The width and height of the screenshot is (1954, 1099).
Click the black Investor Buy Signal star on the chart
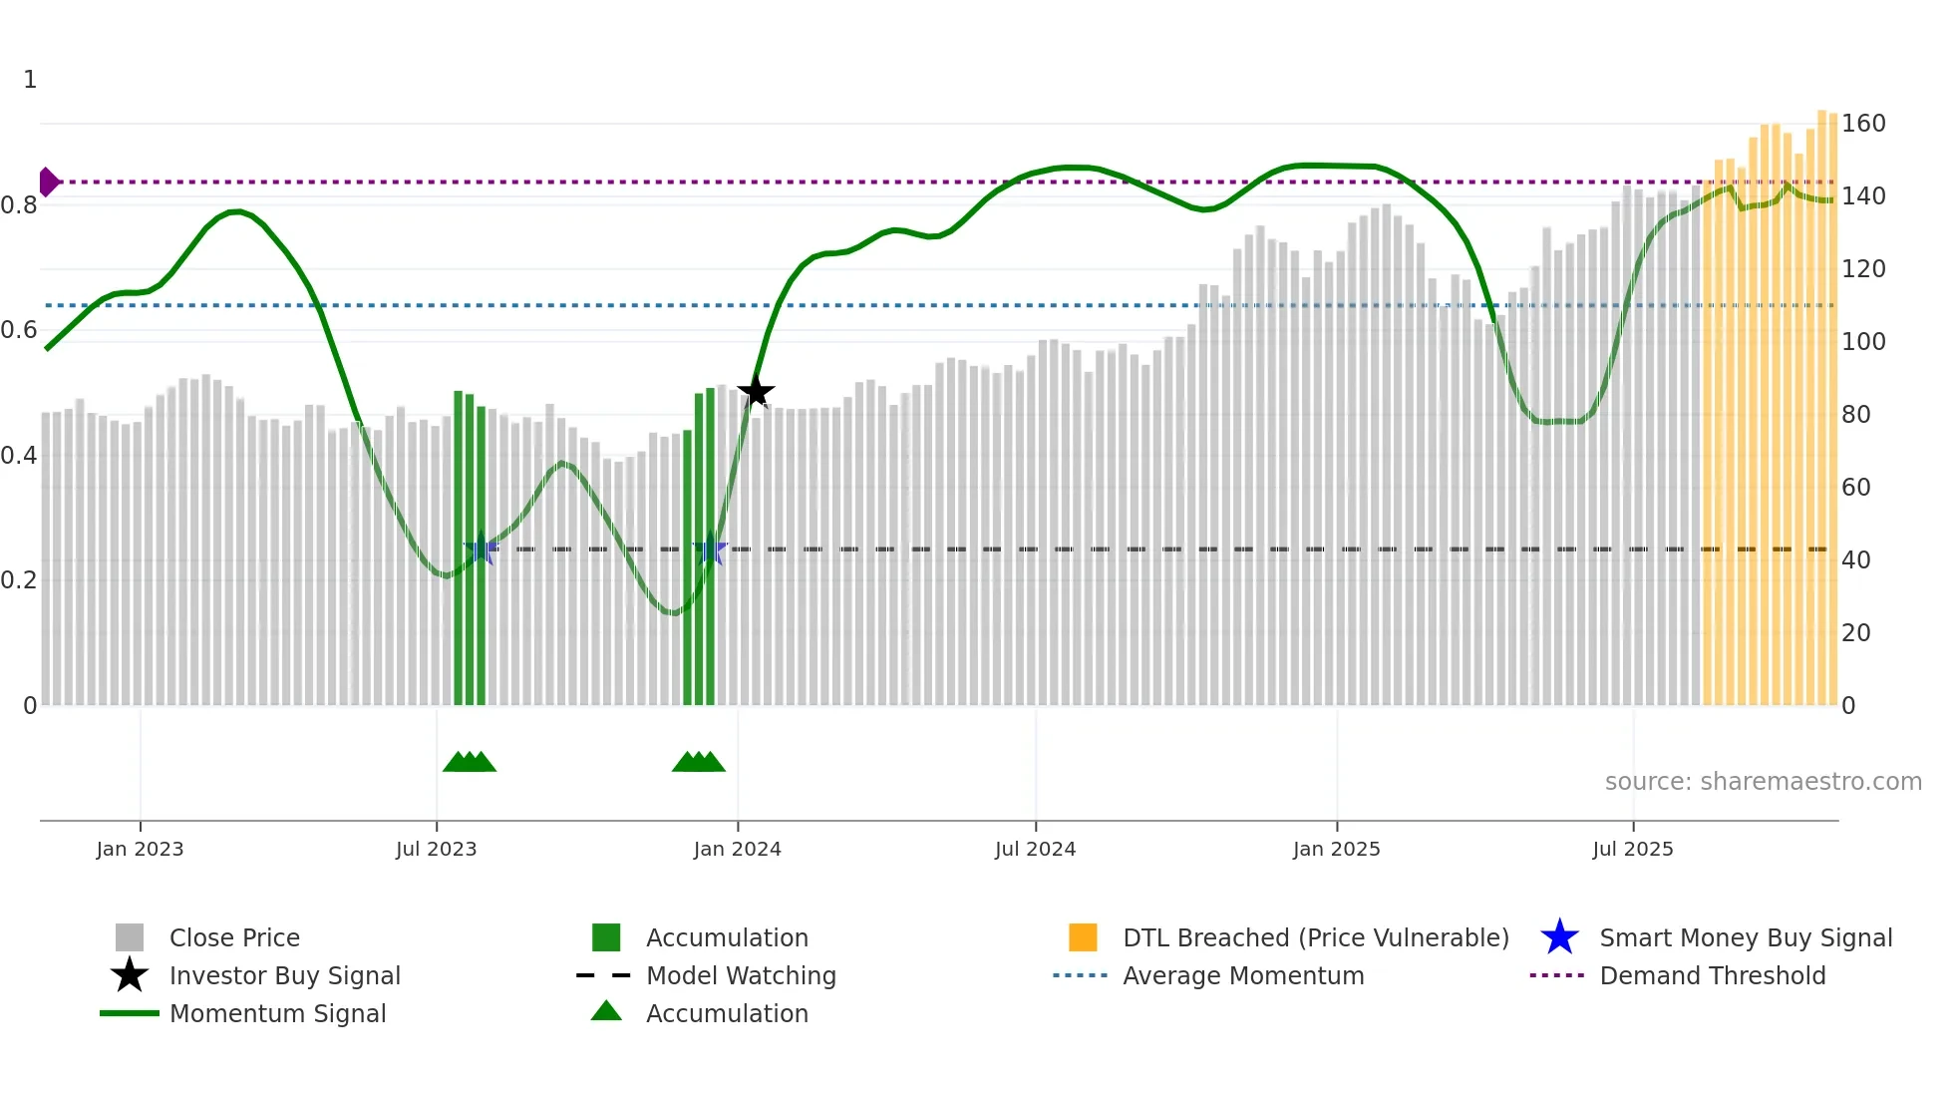tap(756, 391)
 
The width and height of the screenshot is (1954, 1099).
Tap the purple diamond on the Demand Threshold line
tap(48, 182)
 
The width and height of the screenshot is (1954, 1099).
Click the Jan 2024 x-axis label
tap(737, 849)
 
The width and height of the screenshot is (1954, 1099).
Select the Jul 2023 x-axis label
tap(436, 849)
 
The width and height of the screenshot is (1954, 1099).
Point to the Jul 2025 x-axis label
tap(1632, 849)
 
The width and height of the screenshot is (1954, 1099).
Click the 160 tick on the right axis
tap(1862, 124)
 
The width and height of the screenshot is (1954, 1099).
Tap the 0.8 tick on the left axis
tap(19, 205)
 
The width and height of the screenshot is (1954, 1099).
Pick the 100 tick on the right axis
tap(1862, 342)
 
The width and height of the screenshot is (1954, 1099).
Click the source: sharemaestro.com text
tap(1763, 782)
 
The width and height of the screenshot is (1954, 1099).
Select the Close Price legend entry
tap(234, 937)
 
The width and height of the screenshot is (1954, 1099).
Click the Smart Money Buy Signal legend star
tap(1559, 937)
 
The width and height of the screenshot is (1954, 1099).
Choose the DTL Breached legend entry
tap(1315, 937)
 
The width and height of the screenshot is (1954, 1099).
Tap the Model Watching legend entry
tap(741, 975)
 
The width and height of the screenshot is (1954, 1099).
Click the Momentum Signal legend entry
tap(277, 1013)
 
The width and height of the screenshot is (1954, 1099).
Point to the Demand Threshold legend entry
tap(1712, 975)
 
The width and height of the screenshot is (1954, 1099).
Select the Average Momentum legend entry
tap(1243, 975)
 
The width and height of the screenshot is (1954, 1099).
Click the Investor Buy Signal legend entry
tap(284, 975)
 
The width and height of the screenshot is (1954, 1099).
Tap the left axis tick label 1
tap(30, 80)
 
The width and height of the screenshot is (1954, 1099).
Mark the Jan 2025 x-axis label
tap(1336, 849)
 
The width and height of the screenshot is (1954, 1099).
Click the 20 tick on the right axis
tap(1855, 633)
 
